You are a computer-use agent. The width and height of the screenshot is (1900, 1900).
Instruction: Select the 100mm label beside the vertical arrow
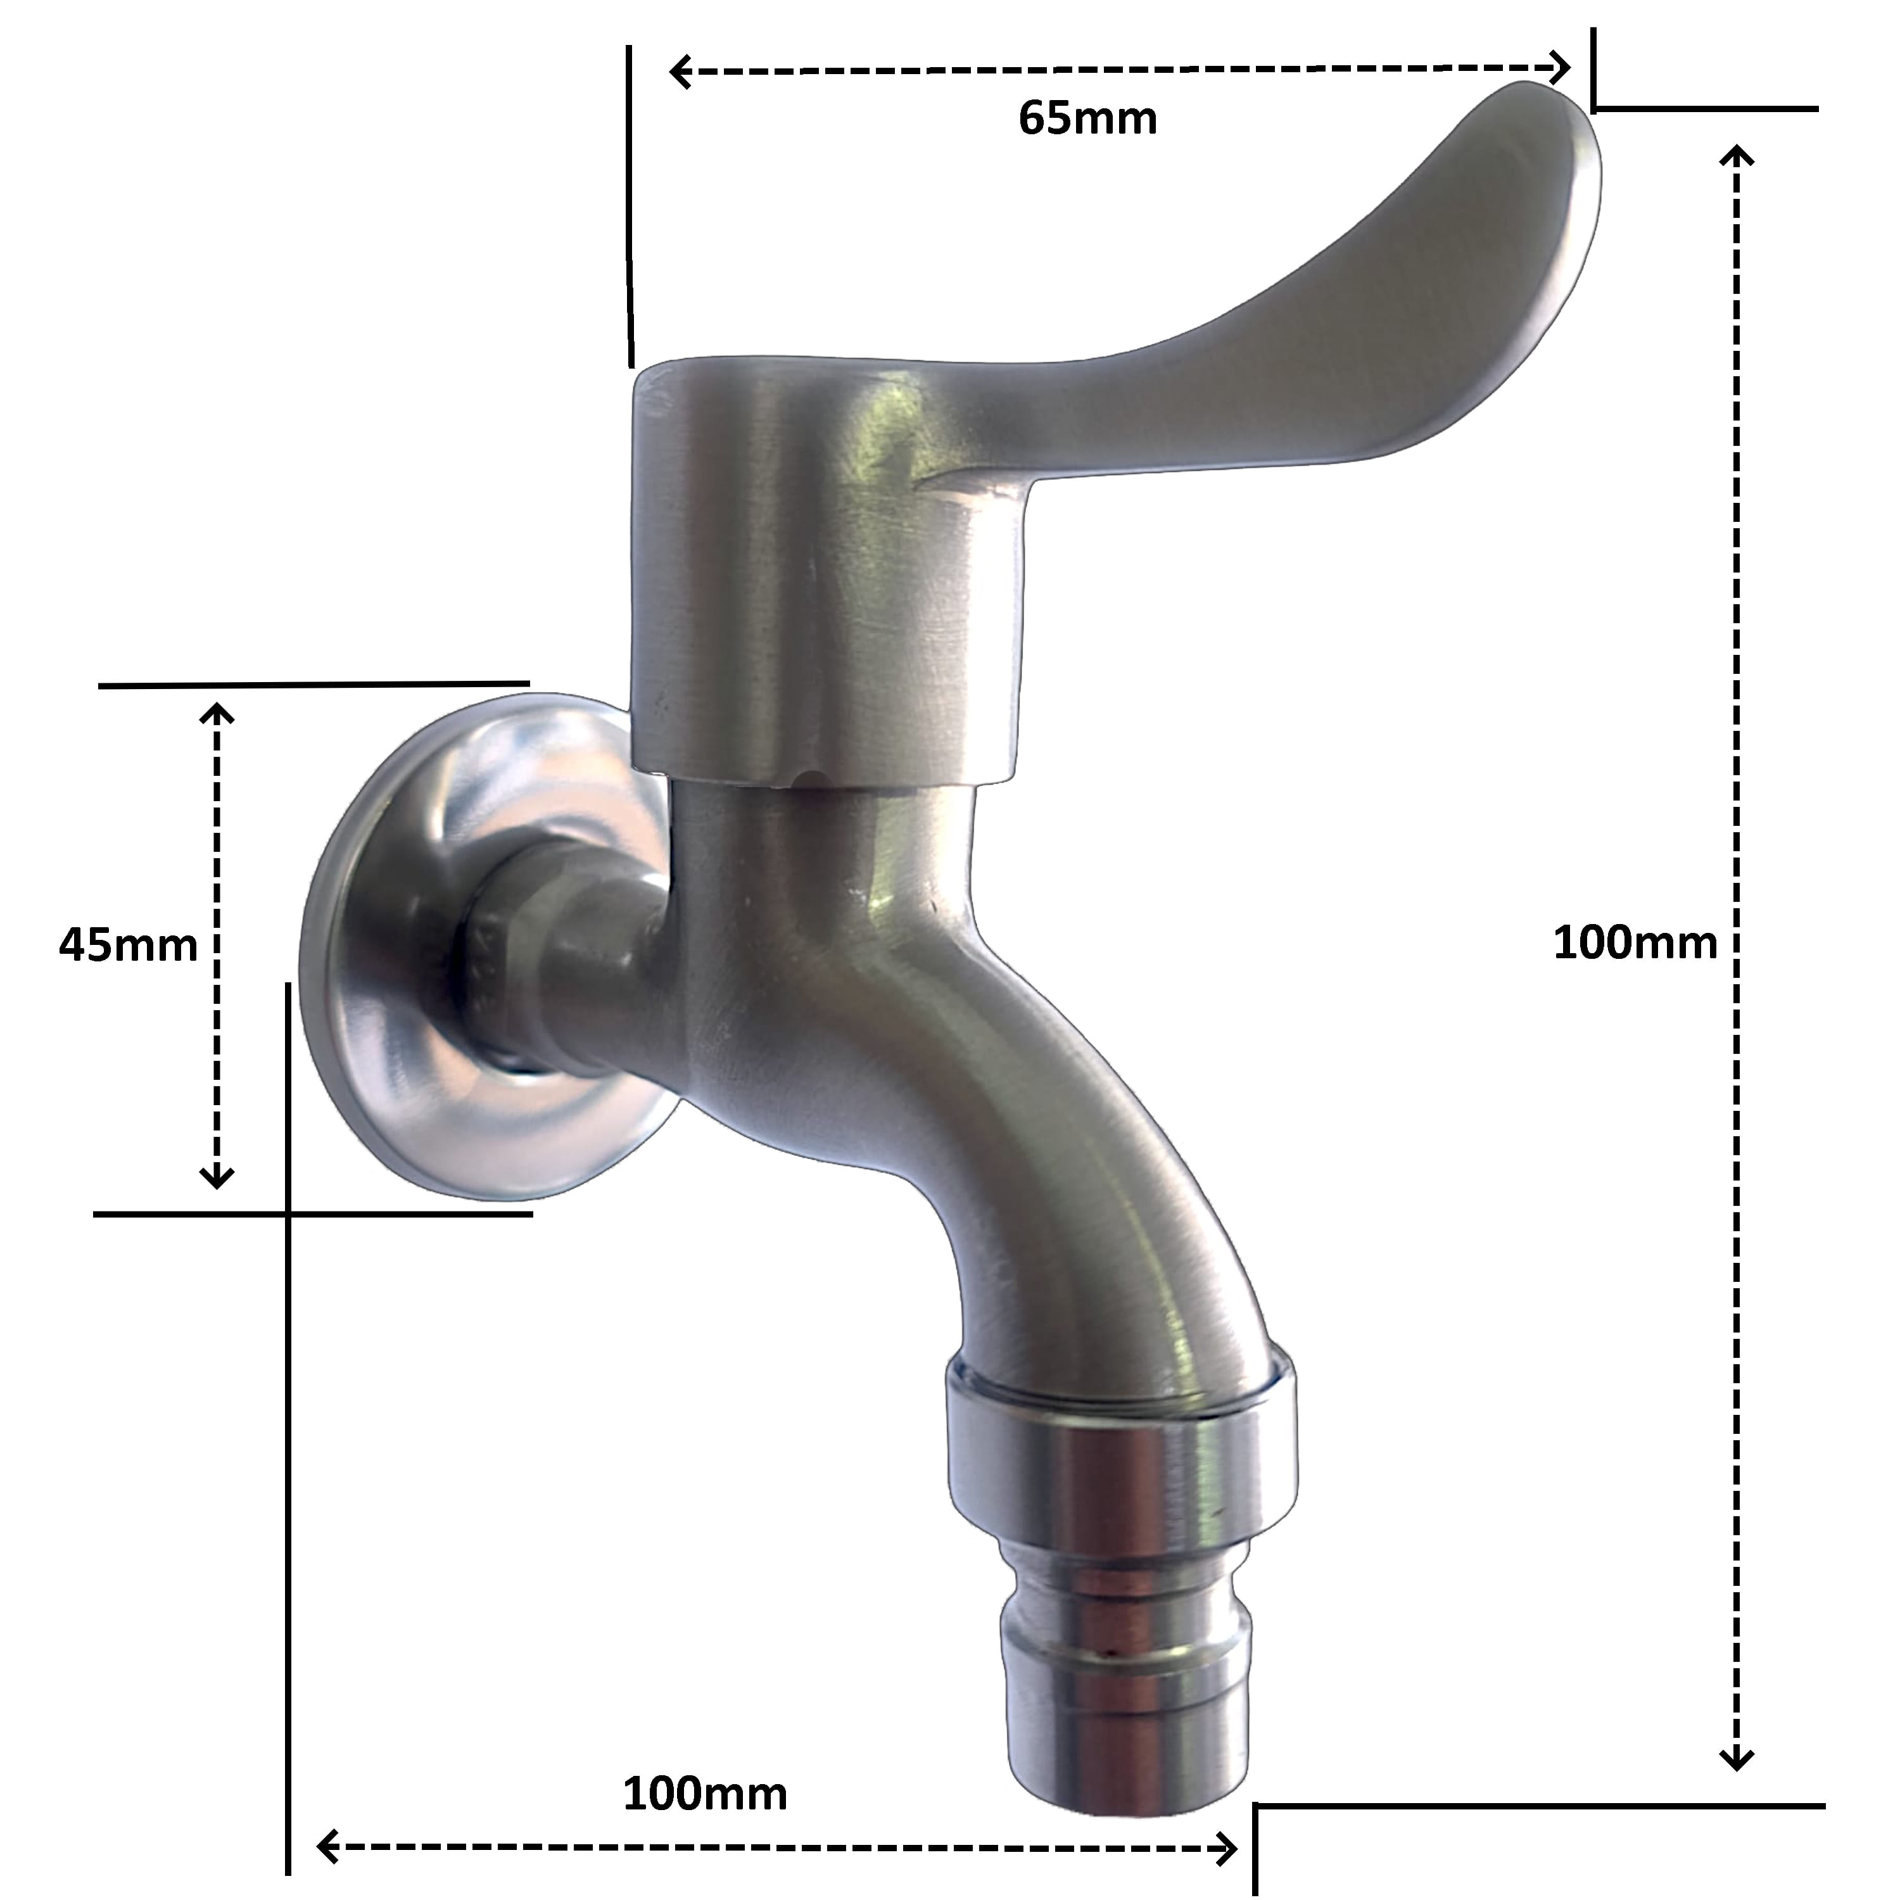[1635, 943]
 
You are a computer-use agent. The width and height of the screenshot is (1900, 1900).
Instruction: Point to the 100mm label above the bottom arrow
[705, 1738]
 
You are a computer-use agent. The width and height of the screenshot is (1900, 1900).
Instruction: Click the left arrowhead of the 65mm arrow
[678, 72]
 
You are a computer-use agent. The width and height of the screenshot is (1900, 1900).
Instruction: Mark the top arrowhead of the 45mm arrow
[217, 713]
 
